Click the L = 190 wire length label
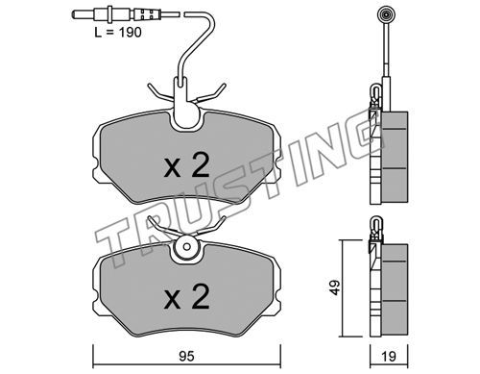pos(118,33)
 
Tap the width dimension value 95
pos(186,357)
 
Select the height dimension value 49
pos(335,287)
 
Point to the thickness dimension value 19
pos(389,357)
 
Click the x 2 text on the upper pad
pos(186,165)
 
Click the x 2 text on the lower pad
pos(186,297)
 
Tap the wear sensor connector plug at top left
pos(126,14)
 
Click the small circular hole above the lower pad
pos(187,246)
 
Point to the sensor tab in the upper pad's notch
pos(186,103)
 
